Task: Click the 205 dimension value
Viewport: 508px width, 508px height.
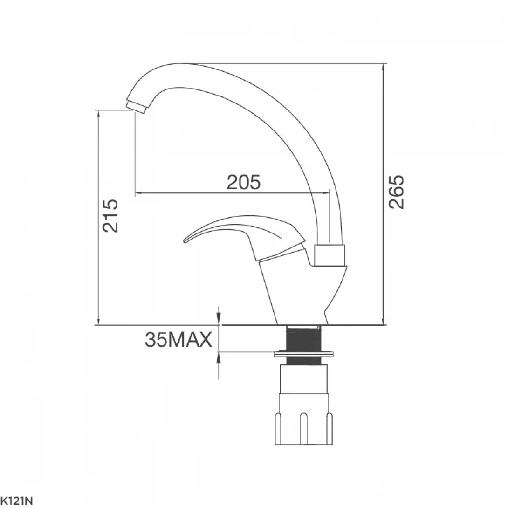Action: pyautogui.click(x=243, y=183)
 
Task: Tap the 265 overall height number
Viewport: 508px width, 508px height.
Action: pyautogui.click(x=397, y=192)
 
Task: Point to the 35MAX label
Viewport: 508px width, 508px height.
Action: pyautogui.click(x=178, y=340)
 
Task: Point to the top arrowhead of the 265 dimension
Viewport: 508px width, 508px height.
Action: pyautogui.click(x=383, y=67)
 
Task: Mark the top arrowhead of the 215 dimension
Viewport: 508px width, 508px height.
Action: pyautogui.click(x=98, y=114)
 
